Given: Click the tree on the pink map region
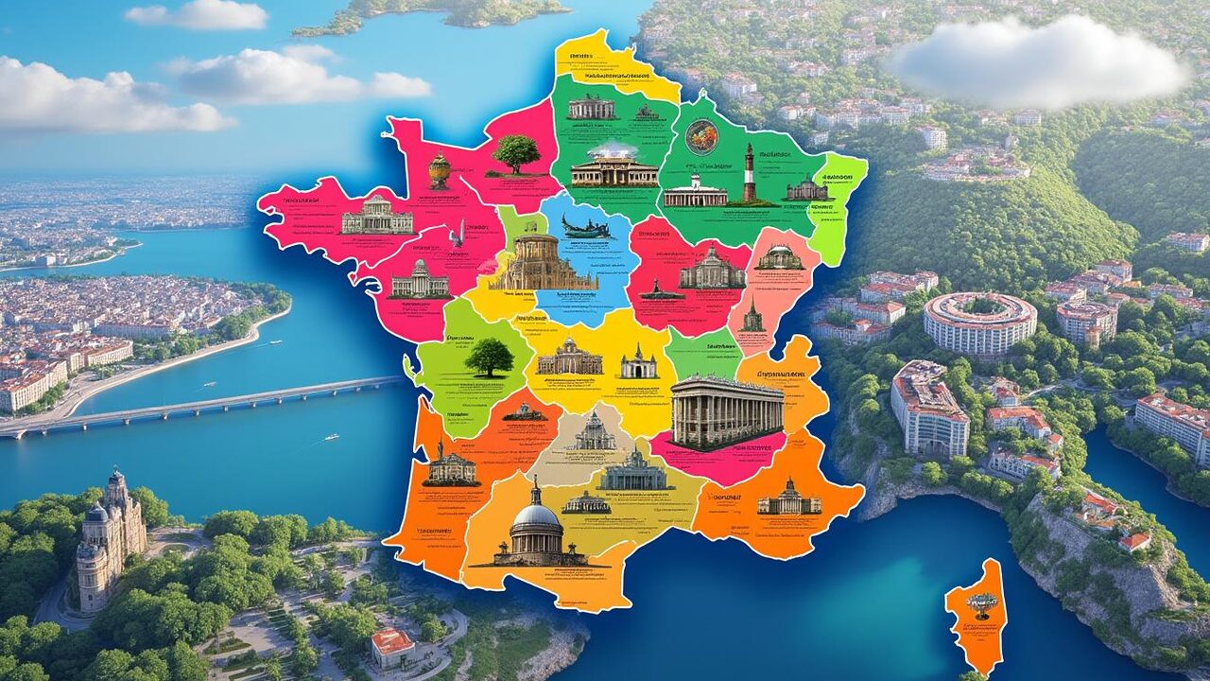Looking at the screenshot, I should [516, 153].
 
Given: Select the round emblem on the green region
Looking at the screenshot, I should [701, 136].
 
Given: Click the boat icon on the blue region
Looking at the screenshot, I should [585, 226].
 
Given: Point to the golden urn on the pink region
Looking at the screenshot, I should [440, 170].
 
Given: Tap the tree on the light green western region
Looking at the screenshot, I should [489, 358].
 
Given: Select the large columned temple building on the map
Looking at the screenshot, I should [727, 411].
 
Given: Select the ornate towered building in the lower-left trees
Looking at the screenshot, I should [109, 539].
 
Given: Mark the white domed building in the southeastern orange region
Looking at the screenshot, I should [788, 498].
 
